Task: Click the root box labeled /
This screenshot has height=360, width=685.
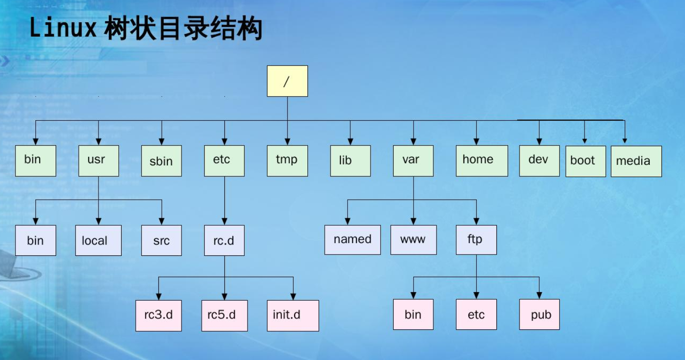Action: tap(287, 81)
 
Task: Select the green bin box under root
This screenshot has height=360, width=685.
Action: tap(35, 161)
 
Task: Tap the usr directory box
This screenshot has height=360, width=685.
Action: tap(99, 161)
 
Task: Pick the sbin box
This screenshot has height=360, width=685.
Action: tap(161, 161)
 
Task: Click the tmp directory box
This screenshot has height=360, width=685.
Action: tap(287, 161)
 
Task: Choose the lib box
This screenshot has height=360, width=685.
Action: tap(350, 161)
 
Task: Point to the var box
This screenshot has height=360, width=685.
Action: tap(413, 161)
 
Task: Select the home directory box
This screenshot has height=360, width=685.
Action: tap(482, 161)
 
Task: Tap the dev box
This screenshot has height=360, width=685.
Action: tap(539, 161)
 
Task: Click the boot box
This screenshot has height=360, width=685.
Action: tap(586, 161)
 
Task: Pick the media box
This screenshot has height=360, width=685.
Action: tap(636, 161)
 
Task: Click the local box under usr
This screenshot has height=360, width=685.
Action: tap(99, 240)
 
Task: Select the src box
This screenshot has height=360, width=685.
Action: tap(161, 240)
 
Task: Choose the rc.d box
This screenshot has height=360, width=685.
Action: tap(224, 240)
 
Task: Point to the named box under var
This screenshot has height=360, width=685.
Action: tap(352, 240)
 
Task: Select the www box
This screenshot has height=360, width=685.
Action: tap(413, 240)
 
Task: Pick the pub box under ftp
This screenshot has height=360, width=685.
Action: tap(539, 315)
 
